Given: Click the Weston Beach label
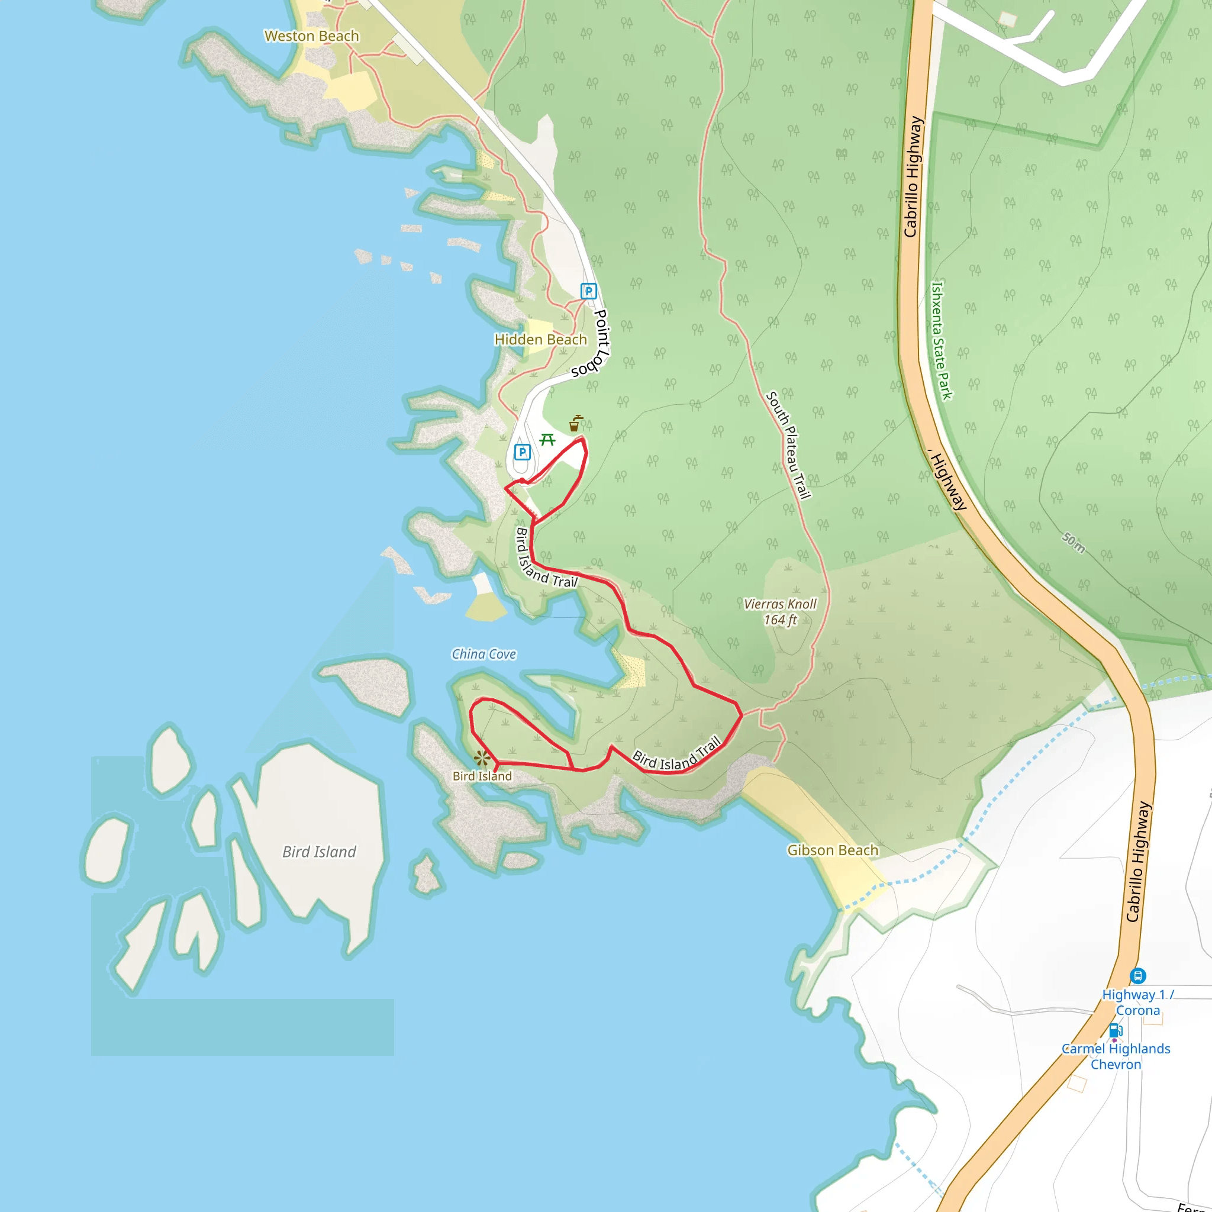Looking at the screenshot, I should click(312, 36).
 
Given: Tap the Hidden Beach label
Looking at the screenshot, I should click(541, 339).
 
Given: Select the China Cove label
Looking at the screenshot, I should click(483, 655).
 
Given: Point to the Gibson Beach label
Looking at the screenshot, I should click(833, 850).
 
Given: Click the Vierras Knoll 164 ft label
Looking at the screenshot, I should click(780, 612).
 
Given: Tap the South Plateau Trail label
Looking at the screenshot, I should click(788, 445).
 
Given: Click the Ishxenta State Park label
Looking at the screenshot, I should click(941, 340).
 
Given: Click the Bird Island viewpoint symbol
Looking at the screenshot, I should click(482, 759).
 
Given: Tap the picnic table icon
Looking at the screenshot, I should click(547, 440).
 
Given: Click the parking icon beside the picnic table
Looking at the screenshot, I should click(522, 452).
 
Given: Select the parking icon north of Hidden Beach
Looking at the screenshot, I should click(588, 291).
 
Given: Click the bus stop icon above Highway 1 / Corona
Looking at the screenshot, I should click(1138, 975).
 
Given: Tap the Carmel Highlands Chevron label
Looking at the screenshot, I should click(1116, 1056).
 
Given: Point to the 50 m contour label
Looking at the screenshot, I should click(1074, 542).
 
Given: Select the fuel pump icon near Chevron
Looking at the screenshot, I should click(1115, 1030).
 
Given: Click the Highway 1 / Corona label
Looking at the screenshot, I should click(1137, 1002).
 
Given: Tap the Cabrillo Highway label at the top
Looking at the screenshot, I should click(913, 176).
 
